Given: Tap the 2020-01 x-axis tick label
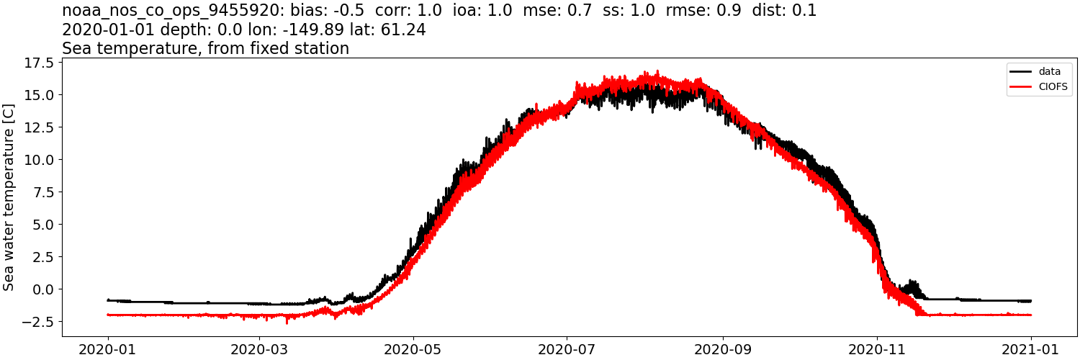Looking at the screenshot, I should pyautogui.click(x=108, y=349).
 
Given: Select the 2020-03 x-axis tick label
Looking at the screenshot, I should pyautogui.click(x=260, y=349).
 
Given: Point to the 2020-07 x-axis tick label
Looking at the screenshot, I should pyautogui.click(x=567, y=349).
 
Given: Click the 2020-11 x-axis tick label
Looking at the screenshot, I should pyautogui.click(x=877, y=349).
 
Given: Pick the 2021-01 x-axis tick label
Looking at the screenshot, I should pyautogui.click(x=1031, y=349).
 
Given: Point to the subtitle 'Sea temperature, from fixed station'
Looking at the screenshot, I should pyautogui.click(x=205, y=48).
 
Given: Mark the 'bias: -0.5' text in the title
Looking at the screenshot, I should pyautogui.click(x=325, y=11).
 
